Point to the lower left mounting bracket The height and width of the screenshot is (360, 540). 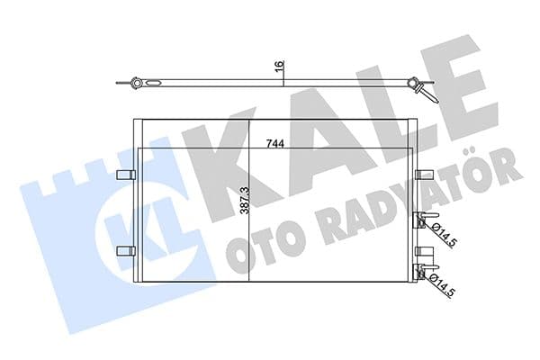pyautogui.click(x=126, y=249)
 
